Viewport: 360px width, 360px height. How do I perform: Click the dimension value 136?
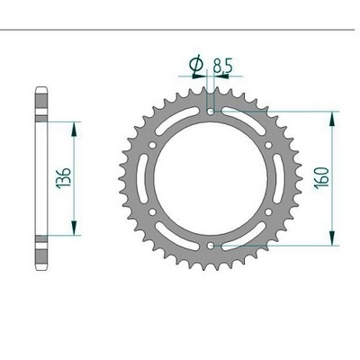pos(63,177)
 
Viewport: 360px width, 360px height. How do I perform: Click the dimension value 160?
pos(321,177)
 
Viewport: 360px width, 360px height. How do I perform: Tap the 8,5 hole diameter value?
pos(222,66)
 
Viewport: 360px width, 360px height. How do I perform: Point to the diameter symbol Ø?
pos(196,66)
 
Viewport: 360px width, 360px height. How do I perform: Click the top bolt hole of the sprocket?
pos(211,112)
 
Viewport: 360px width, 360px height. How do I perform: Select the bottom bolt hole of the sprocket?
pos(211,246)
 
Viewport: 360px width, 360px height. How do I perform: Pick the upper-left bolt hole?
pos(152,146)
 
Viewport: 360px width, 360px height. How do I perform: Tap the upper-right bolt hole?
pos(268,145)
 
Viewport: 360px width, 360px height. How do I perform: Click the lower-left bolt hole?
pos(152,212)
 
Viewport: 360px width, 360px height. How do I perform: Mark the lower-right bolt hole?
pos(268,212)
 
